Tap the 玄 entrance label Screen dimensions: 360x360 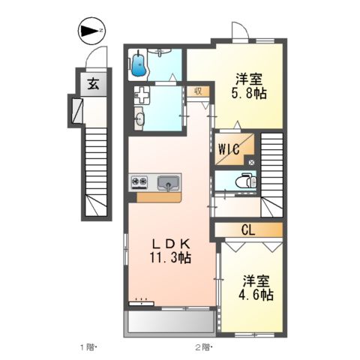pyautogui.click(x=94, y=83)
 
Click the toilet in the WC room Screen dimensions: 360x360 pyautogui.click(x=243, y=181)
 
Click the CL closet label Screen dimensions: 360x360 pyautogui.click(x=248, y=229)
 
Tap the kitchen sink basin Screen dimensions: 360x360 pyautogui.click(x=167, y=181)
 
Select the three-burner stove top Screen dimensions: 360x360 pyautogui.click(x=140, y=181)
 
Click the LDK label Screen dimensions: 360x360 pyautogui.click(x=173, y=243)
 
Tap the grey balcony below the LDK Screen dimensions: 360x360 pyautogui.click(x=169, y=323)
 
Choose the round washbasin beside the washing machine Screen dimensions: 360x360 pyautogui.click(x=139, y=117)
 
